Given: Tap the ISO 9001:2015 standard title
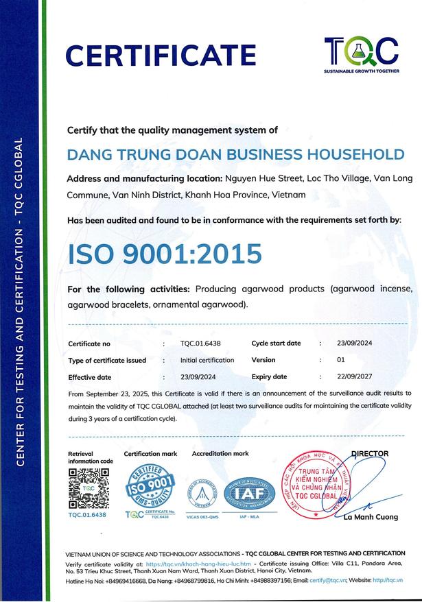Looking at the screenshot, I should (x=165, y=253).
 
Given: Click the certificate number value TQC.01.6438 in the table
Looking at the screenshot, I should (x=200, y=343).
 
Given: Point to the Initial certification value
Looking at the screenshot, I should (x=207, y=360).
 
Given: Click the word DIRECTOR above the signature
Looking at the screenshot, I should (x=370, y=453).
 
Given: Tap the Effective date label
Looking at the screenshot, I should (x=90, y=377).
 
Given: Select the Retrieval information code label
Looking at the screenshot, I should (x=91, y=457).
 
